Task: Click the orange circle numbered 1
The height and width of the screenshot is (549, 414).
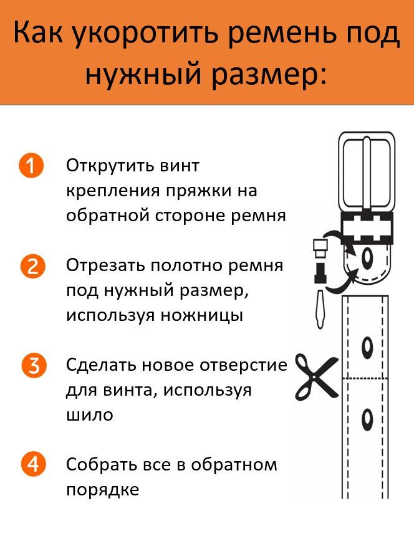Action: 31,165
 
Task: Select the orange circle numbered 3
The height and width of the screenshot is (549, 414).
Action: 34,365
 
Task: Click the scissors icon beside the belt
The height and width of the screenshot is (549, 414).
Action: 316,378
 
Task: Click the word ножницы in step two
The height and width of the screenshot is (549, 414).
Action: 202,315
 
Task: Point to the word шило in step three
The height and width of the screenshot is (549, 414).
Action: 90,415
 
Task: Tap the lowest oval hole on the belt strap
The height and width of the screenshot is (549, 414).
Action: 367,419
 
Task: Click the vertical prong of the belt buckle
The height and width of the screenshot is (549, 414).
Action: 366,174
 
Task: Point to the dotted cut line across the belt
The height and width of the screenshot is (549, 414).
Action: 365,378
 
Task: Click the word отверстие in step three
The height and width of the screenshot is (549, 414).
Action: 243,365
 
